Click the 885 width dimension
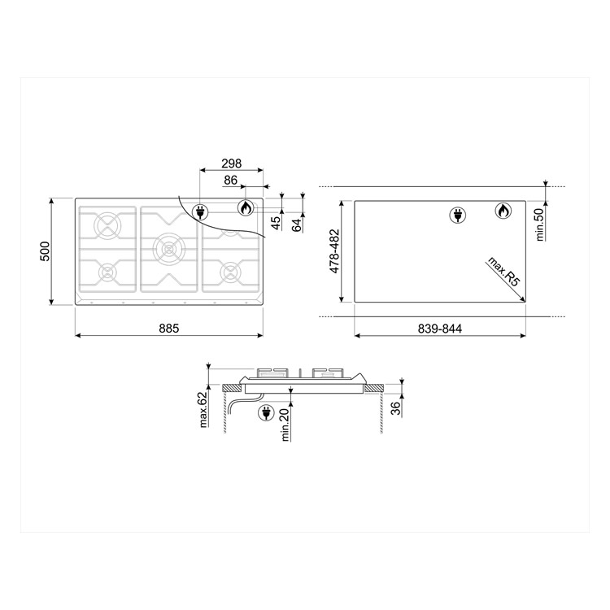(x=168, y=328)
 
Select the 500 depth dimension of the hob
(x=46, y=251)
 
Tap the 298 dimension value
(x=231, y=163)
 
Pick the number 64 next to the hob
(x=296, y=224)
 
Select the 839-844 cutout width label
(x=440, y=328)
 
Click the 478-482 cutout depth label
(x=334, y=251)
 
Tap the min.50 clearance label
(x=538, y=224)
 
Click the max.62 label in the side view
(x=203, y=408)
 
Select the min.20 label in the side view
(x=286, y=424)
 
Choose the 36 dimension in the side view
(x=395, y=408)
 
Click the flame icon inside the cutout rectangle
(x=503, y=212)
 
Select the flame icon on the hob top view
(x=245, y=208)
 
